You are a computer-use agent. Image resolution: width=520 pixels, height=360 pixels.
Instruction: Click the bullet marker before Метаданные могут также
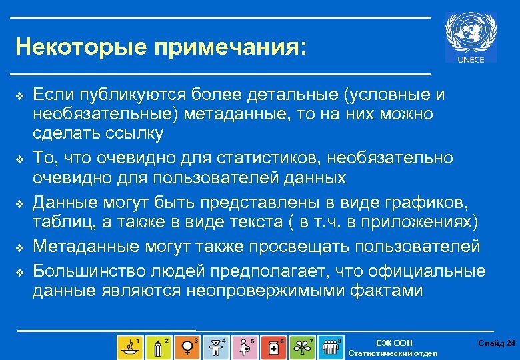point(19,247)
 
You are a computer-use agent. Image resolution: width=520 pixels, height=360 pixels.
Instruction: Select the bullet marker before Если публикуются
point(19,97)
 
